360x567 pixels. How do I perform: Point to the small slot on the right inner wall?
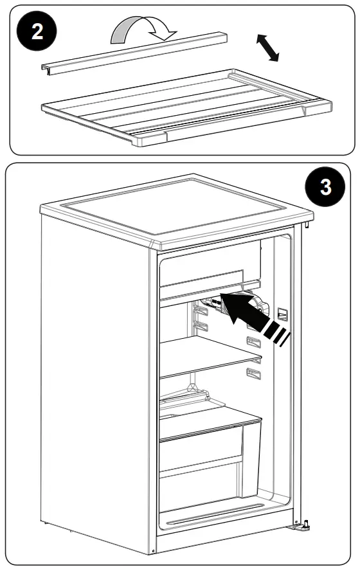point(281,313)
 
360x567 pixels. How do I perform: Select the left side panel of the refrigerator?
point(96,379)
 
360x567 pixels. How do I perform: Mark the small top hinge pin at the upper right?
point(308,224)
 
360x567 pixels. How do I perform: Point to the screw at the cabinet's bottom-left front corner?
point(154,552)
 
